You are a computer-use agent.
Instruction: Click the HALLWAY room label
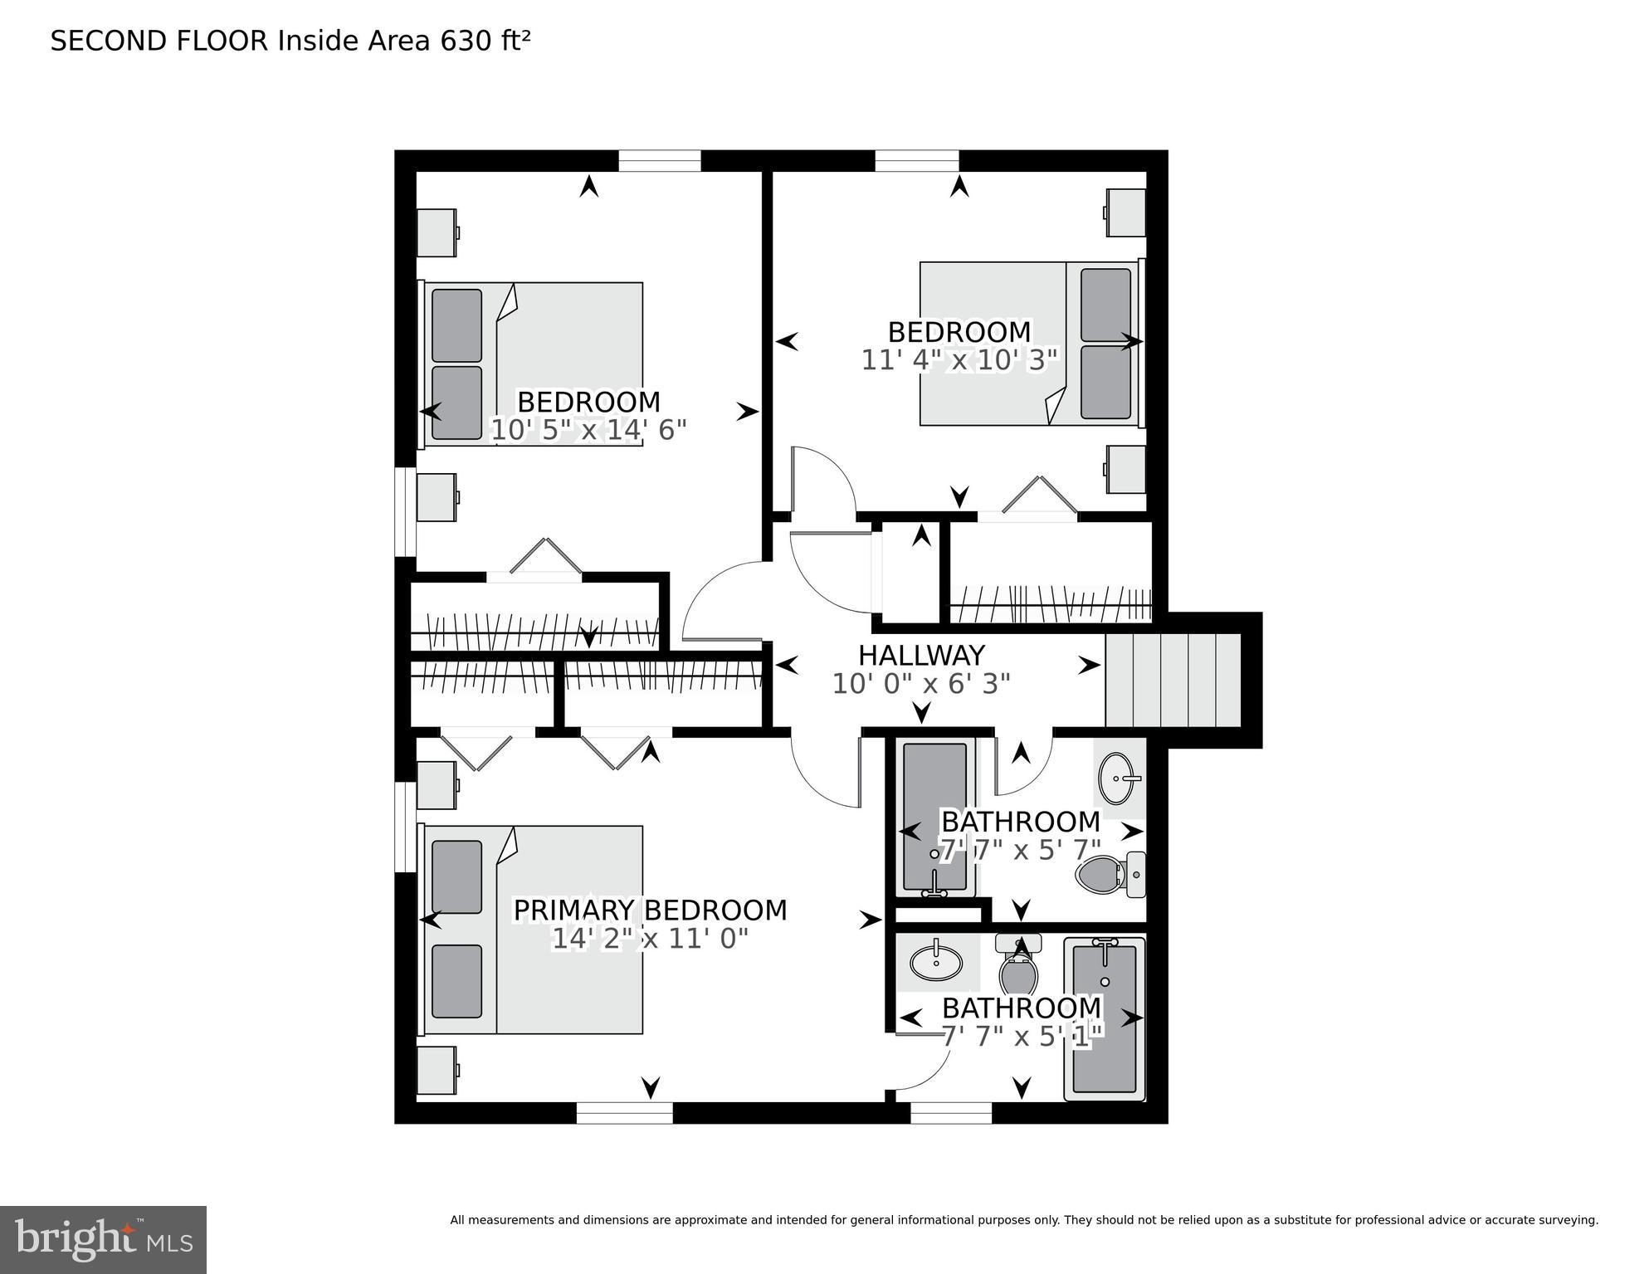coord(921,656)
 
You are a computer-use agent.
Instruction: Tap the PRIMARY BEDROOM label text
coord(650,910)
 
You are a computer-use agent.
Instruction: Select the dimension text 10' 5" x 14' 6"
coord(588,430)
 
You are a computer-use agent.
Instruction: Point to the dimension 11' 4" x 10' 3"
coord(959,360)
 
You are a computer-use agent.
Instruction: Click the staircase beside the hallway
coord(1173,680)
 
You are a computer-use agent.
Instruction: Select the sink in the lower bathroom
coord(936,963)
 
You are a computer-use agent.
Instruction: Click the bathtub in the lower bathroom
coord(1105,1019)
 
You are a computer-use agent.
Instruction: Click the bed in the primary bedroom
coord(534,930)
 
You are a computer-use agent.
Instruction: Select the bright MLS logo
coord(103,1240)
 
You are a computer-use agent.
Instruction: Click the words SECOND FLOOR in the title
coord(159,41)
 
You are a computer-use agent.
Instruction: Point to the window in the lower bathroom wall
coord(951,1113)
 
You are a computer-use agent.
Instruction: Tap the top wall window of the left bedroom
coord(660,161)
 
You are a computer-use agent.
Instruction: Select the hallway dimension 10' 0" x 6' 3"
coord(921,684)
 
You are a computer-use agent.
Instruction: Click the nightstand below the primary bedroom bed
coord(437,1071)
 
